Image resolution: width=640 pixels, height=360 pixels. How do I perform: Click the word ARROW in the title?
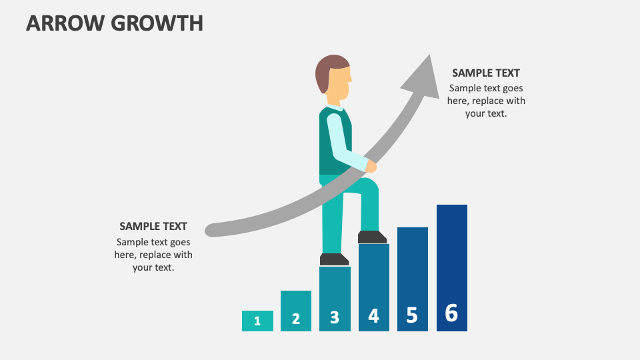point(65,23)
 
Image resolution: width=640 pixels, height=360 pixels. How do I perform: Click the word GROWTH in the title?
point(157,23)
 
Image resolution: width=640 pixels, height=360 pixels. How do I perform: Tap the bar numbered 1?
point(257,321)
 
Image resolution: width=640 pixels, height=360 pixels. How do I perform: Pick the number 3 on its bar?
point(335,317)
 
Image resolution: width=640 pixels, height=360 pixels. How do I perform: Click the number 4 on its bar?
point(373,315)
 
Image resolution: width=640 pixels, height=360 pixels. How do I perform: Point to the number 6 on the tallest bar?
point(451,313)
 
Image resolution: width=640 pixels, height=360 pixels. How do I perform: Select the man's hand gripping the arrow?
point(371,165)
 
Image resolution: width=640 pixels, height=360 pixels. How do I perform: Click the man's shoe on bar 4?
point(372,237)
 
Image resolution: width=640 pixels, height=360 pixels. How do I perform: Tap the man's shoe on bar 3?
point(334,259)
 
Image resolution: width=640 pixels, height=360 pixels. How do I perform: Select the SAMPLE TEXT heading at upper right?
point(486,73)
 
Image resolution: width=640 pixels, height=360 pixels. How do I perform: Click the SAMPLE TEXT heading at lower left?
point(153,226)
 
